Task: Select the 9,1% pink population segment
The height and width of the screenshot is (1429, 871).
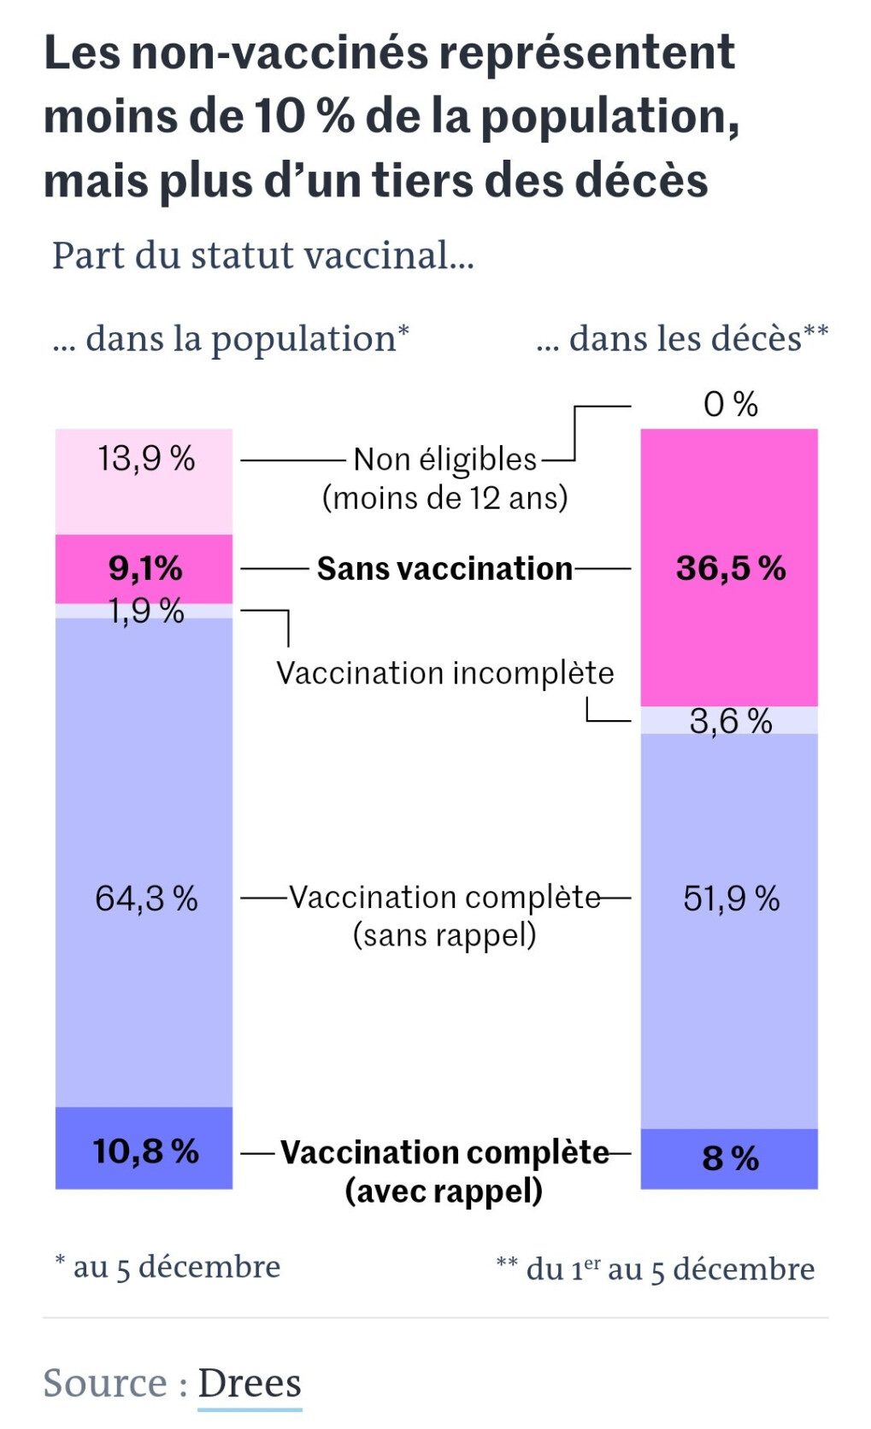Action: [x=145, y=568]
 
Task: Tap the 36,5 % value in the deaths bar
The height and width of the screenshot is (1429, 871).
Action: [x=731, y=568]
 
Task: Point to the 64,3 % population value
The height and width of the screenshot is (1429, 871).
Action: [x=146, y=899]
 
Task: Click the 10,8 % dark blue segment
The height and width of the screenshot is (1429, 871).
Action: [x=145, y=1151]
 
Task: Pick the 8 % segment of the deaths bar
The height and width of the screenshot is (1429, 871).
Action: [x=730, y=1158]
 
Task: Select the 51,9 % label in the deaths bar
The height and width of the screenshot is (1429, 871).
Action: [x=731, y=899]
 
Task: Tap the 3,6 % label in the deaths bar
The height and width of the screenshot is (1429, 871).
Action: [x=731, y=722]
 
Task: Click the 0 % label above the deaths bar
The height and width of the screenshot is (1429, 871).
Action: [x=731, y=404]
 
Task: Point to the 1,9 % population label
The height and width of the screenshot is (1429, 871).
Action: [x=146, y=611]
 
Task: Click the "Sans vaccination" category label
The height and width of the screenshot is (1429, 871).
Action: [x=444, y=569]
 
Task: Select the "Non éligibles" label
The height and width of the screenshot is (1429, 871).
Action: [x=444, y=460]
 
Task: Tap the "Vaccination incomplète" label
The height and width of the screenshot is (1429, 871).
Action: [x=444, y=673]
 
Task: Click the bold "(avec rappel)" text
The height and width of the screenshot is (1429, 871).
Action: [x=444, y=1191]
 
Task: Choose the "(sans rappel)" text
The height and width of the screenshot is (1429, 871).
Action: [x=444, y=935]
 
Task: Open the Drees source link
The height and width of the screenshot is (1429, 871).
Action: [x=250, y=1383]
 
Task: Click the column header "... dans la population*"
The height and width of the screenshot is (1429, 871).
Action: [x=231, y=339]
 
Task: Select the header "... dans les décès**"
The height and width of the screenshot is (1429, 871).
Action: [x=682, y=339]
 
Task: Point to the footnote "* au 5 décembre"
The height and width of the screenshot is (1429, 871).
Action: [x=168, y=1266]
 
